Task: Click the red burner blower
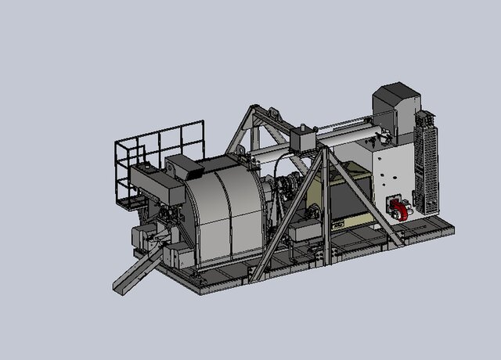(400, 210)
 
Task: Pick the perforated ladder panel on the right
(427, 164)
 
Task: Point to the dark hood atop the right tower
(396, 102)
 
